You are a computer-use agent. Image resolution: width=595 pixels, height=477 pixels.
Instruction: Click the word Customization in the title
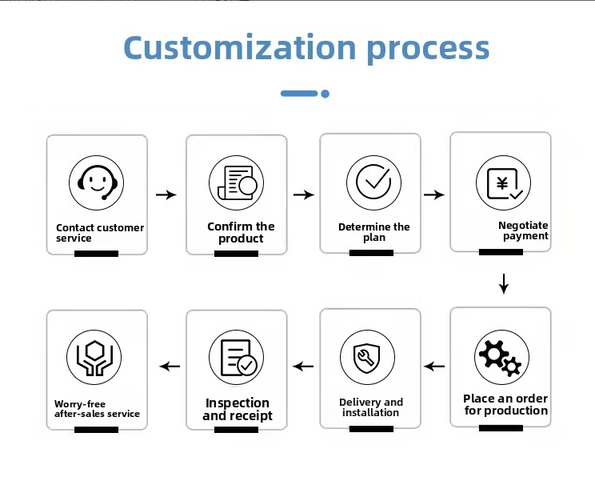point(240,47)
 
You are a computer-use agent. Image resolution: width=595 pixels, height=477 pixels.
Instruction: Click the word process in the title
point(428,50)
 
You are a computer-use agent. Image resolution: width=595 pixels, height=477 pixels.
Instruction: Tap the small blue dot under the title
point(325,94)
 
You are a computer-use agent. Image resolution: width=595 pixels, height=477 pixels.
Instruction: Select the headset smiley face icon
point(97,182)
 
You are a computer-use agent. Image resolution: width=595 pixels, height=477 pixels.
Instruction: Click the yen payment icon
point(504,182)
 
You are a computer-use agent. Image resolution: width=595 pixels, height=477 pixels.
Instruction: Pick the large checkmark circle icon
point(373,182)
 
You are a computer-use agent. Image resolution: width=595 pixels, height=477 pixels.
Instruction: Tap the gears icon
point(501,358)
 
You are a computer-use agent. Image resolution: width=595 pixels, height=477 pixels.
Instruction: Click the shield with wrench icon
point(367,358)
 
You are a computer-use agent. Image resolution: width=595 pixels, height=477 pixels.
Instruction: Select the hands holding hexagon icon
point(94,358)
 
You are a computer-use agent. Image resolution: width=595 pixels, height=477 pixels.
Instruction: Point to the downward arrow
point(504,283)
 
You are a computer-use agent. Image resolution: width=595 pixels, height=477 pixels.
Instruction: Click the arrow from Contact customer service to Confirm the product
point(166,194)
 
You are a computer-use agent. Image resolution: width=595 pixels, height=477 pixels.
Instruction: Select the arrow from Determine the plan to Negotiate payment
point(434,194)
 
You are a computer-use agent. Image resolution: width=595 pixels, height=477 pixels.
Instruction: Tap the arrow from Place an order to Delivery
point(434,367)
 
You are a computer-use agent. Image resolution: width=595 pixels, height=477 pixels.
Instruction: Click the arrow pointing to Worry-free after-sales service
point(170,367)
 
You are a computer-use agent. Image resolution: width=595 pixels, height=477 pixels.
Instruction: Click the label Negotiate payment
point(523,230)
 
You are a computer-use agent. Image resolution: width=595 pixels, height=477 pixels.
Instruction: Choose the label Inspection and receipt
point(238,410)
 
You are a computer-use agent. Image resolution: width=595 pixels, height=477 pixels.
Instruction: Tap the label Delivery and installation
point(371,407)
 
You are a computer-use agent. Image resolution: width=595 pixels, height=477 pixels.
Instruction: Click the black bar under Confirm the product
point(236,254)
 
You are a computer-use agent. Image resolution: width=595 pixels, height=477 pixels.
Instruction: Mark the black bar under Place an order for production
point(501,428)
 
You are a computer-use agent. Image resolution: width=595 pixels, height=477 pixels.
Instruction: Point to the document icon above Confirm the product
point(237,182)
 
